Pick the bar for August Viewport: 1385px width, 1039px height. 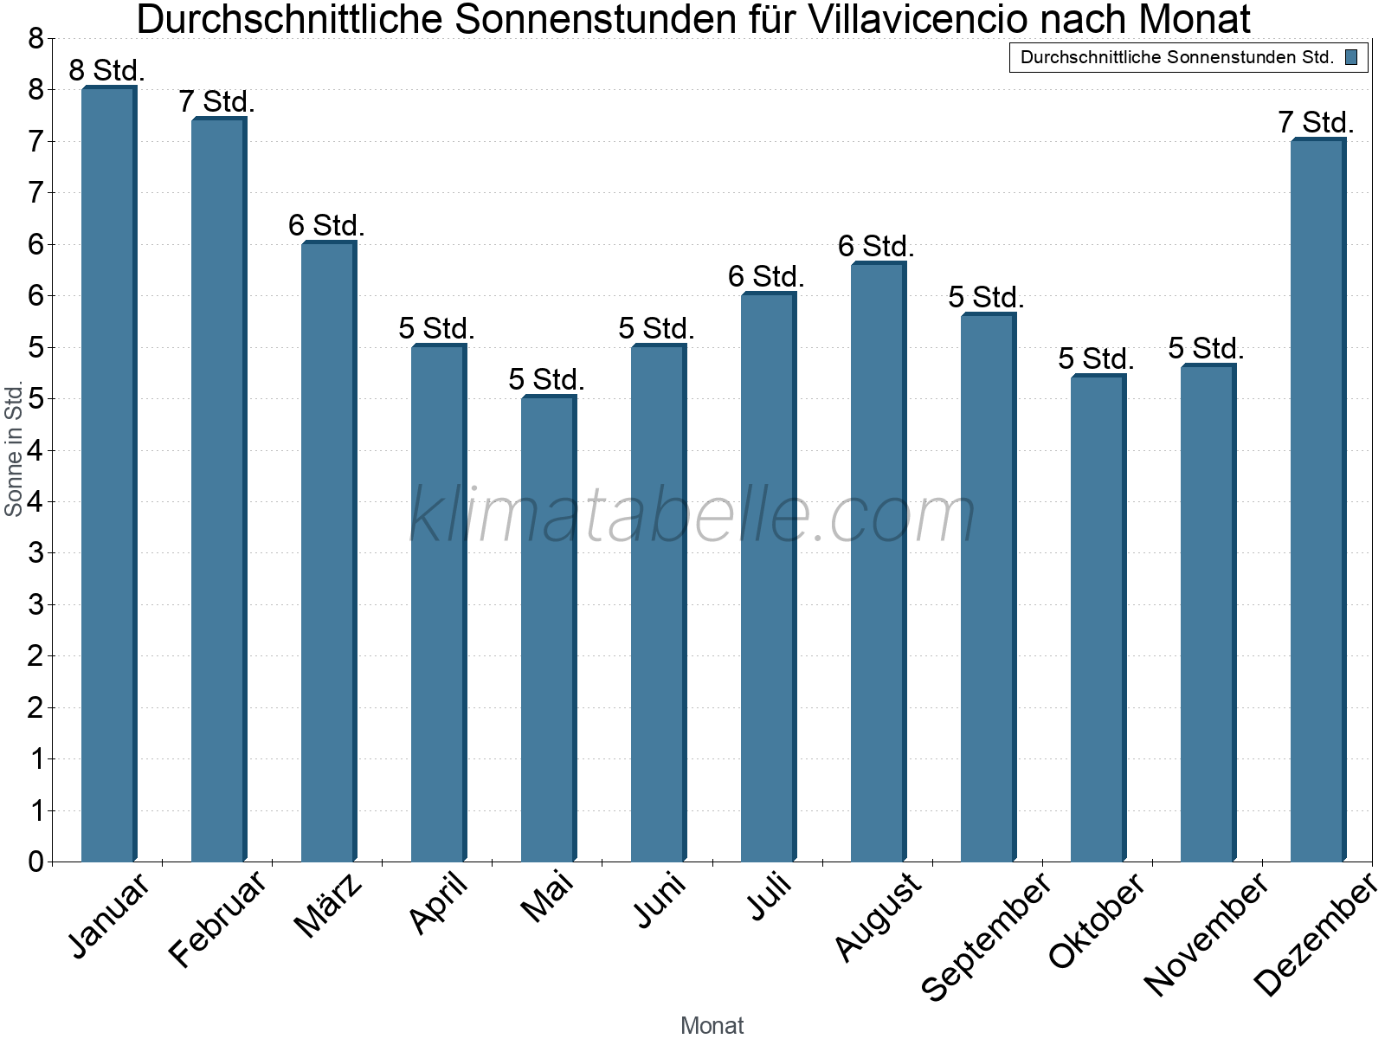(x=878, y=563)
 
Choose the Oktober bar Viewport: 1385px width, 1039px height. (x=1098, y=618)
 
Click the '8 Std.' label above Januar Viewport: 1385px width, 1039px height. (x=106, y=70)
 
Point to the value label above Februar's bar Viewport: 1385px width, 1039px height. (x=216, y=101)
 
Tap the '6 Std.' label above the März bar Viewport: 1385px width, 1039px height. (x=326, y=225)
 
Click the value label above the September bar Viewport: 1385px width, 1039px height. (x=986, y=297)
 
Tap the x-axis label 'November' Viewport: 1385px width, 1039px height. (x=1205, y=934)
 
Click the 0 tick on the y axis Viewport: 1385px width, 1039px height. (x=35, y=862)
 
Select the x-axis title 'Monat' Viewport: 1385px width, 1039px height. (x=712, y=1025)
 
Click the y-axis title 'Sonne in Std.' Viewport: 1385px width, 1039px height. (x=13, y=449)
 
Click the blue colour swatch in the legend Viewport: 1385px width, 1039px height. (x=1351, y=58)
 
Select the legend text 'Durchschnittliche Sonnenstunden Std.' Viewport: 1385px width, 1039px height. (x=1176, y=58)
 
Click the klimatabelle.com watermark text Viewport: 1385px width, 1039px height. (x=692, y=515)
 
